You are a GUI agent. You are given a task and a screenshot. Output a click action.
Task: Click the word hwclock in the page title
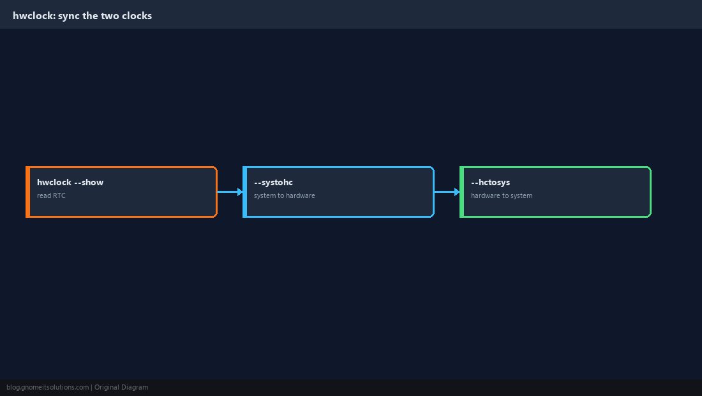(x=34, y=16)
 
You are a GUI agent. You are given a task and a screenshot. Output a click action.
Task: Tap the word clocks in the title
(x=137, y=16)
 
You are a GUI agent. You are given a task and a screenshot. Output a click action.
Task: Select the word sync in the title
(x=68, y=16)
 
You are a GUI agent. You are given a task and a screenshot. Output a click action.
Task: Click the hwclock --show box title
(x=70, y=182)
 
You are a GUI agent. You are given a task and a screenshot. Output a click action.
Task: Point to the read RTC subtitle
(x=51, y=195)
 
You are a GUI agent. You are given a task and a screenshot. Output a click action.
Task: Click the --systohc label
(x=273, y=182)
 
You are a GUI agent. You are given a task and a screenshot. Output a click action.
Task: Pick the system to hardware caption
(x=284, y=195)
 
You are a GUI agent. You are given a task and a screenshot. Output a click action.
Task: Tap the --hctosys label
(x=490, y=182)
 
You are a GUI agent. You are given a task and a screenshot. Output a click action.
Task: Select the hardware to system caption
(x=502, y=195)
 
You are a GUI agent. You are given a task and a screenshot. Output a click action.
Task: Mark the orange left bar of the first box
(x=27, y=192)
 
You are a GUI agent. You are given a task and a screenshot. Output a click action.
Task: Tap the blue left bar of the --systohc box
(x=245, y=192)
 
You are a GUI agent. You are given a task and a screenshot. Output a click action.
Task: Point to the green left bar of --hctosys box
(x=462, y=192)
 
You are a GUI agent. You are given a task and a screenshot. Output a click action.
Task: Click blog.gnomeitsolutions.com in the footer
(x=47, y=388)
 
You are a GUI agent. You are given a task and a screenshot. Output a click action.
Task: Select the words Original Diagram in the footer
(x=121, y=388)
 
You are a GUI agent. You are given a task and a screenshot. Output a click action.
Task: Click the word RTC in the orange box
(x=59, y=195)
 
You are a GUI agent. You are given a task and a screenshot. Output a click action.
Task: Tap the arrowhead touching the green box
(x=457, y=192)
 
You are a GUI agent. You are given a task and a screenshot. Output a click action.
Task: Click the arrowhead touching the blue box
(x=240, y=192)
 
